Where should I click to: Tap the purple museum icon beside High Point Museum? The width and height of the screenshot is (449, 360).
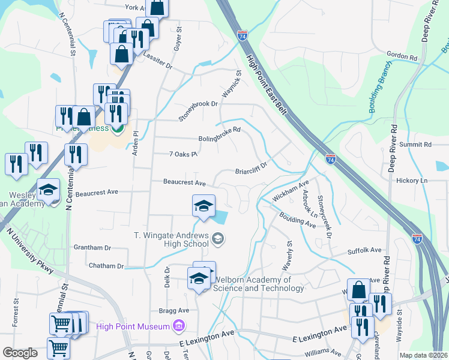pos(178,326)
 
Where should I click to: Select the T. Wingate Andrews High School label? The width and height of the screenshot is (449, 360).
pos(172,239)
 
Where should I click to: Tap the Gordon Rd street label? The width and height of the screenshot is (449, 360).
pos(402,56)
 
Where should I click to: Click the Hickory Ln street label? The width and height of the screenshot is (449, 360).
pos(415,180)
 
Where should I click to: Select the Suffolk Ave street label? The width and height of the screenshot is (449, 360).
pos(364,250)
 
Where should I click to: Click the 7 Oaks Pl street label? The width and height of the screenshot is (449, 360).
pos(183,154)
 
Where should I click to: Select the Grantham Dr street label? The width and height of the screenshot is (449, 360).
pos(92,247)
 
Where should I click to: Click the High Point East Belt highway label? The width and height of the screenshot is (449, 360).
pos(267,83)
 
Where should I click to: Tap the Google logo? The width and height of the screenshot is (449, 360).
pos(20,353)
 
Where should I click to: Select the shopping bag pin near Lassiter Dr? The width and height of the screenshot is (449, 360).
pos(121,53)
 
